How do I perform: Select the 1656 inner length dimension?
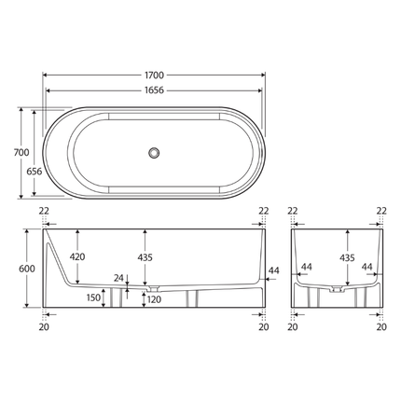155,90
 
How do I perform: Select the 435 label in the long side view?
145,257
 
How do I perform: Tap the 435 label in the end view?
347,257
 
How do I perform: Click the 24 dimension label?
118,277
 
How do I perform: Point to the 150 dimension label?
94,297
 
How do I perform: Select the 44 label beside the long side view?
273,270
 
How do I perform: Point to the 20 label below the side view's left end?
44,327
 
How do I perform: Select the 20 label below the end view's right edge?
380,327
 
